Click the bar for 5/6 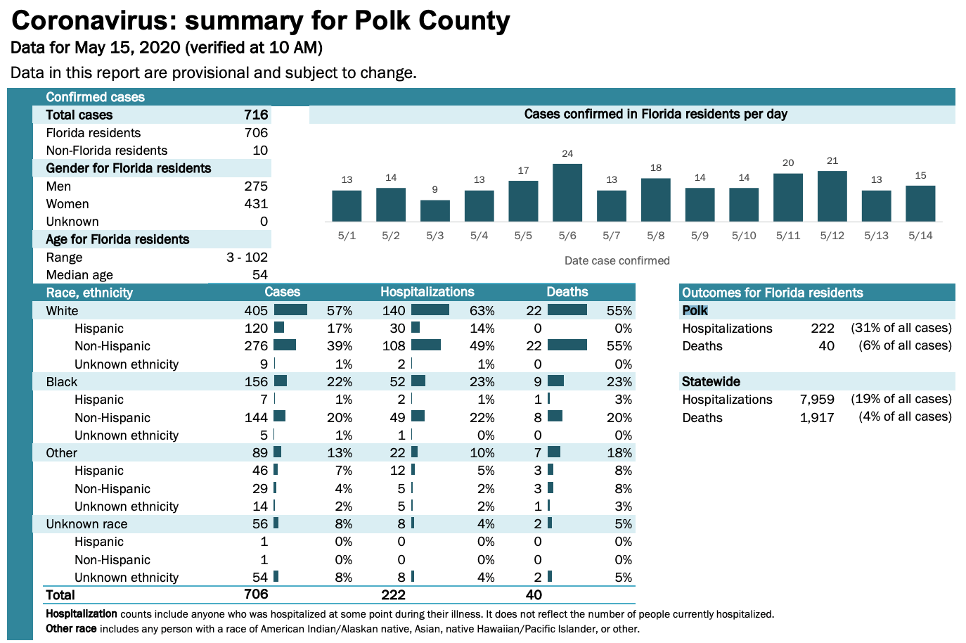point(567,192)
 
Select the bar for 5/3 point(435,210)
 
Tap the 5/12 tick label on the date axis point(832,236)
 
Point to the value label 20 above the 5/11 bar point(788,163)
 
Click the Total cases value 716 point(256,115)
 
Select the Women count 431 point(256,204)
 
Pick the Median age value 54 point(260,275)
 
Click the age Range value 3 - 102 point(247,257)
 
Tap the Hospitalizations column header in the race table point(427,292)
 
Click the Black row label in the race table point(62,382)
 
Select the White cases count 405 point(256,311)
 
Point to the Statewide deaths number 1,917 point(817,418)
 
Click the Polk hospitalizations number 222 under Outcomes point(822,329)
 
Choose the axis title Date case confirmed point(617,261)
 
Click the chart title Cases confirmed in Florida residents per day point(655,114)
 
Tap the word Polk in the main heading point(382,20)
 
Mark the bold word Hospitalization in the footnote point(82,614)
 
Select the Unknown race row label point(86,524)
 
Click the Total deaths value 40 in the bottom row point(534,595)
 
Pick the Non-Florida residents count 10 point(260,151)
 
